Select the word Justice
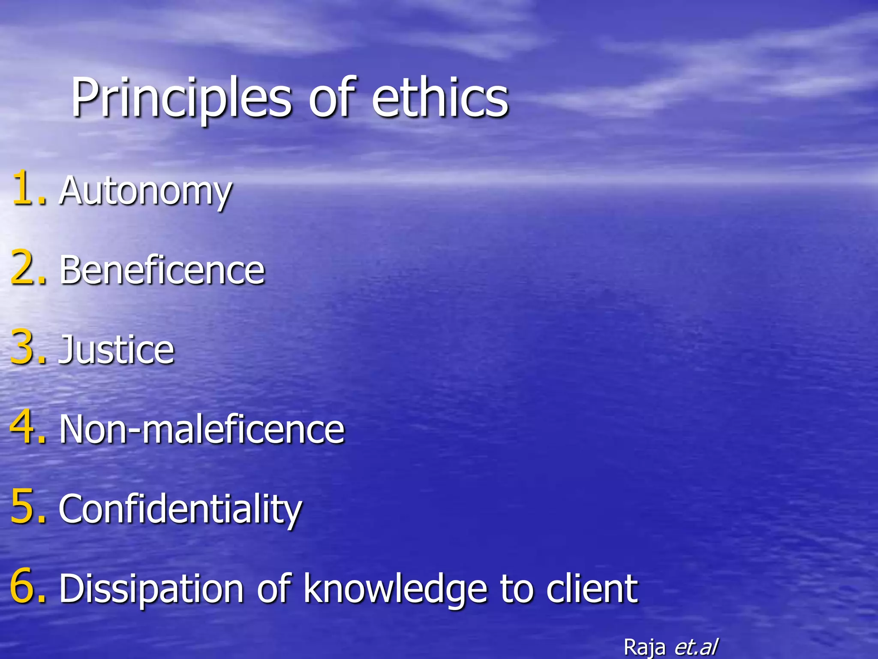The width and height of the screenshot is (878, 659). click(x=117, y=350)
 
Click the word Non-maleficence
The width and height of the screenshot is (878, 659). click(x=201, y=429)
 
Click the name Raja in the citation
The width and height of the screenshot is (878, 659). click(x=644, y=647)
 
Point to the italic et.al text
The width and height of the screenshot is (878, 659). click(x=696, y=647)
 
